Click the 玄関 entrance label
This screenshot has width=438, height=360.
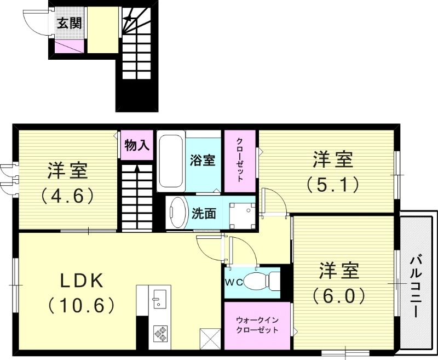tap(68, 24)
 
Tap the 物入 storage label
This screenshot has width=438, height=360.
tap(137, 145)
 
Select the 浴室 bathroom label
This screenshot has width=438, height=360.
tap(203, 161)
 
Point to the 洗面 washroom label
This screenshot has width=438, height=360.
tap(203, 214)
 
